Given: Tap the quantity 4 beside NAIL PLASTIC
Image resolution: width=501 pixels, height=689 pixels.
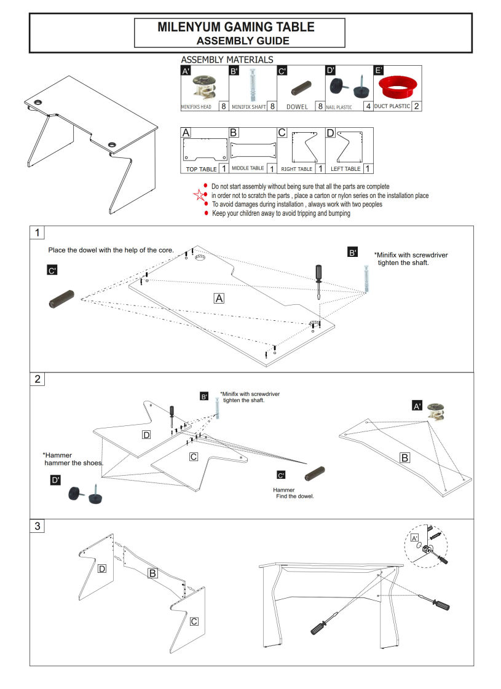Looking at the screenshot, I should coord(368,106).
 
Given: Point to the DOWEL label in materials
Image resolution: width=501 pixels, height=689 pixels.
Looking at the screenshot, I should coord(297,106).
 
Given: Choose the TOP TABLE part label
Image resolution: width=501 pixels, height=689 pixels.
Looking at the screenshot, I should coord(201,168).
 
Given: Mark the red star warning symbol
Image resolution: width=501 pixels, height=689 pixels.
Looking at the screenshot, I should coord(198,195).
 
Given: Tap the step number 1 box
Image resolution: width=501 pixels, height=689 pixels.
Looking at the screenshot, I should coord(39,233).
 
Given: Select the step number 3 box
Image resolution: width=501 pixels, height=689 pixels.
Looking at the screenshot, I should coord(38,526).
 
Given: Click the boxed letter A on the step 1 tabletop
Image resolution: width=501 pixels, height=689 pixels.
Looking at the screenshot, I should coord(218,298).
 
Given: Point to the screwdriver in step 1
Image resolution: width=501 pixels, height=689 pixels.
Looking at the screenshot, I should coord(318,280).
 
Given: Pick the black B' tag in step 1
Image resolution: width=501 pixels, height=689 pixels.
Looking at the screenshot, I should coord(352,253).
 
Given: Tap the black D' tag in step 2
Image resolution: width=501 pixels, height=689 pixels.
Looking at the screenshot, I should coord(55,480).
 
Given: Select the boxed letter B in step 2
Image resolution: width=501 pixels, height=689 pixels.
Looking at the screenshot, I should coord(404,458).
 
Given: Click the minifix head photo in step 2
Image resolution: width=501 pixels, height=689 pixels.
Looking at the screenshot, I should coord(438,410).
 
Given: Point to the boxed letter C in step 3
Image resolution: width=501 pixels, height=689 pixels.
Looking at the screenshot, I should coord(194,621).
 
